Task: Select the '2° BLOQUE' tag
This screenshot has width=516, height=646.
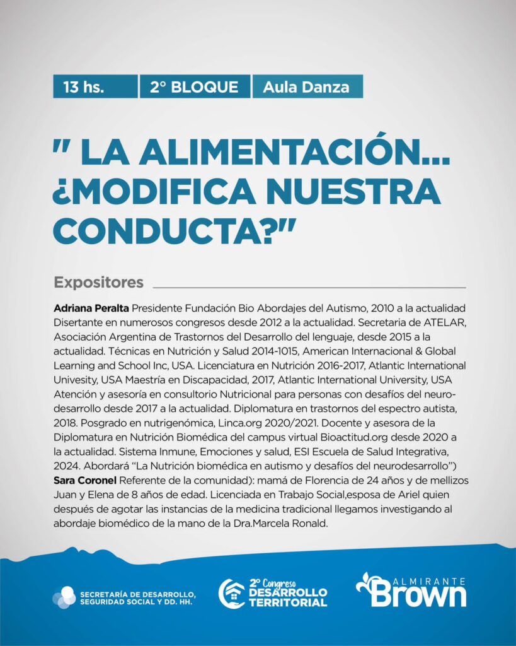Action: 194,86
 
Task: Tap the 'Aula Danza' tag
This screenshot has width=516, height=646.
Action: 306,86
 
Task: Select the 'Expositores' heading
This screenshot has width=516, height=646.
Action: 99,282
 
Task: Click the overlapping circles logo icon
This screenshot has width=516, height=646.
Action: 64,597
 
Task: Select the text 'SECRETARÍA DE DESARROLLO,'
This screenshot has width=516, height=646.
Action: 137,593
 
